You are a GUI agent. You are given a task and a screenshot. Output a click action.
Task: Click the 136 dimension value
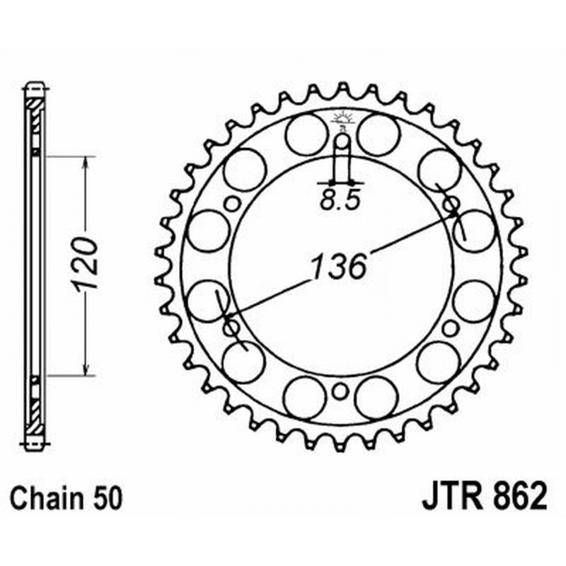tap(338, 267)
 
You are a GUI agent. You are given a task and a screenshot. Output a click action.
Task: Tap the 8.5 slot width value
tap(340, 200)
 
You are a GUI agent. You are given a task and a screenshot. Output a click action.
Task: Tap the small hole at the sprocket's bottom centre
tap(340, 391)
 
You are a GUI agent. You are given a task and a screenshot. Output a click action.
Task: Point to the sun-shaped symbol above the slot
tap(341, 120)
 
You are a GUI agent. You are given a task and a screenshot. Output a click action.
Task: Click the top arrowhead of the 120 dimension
tap(86, 163)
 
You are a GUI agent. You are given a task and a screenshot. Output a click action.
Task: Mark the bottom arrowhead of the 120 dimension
tap(86, 367)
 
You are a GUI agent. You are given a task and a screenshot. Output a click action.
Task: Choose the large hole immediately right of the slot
tap(378, 134)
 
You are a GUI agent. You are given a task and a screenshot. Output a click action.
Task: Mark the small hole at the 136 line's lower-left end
tap(230, 328)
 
